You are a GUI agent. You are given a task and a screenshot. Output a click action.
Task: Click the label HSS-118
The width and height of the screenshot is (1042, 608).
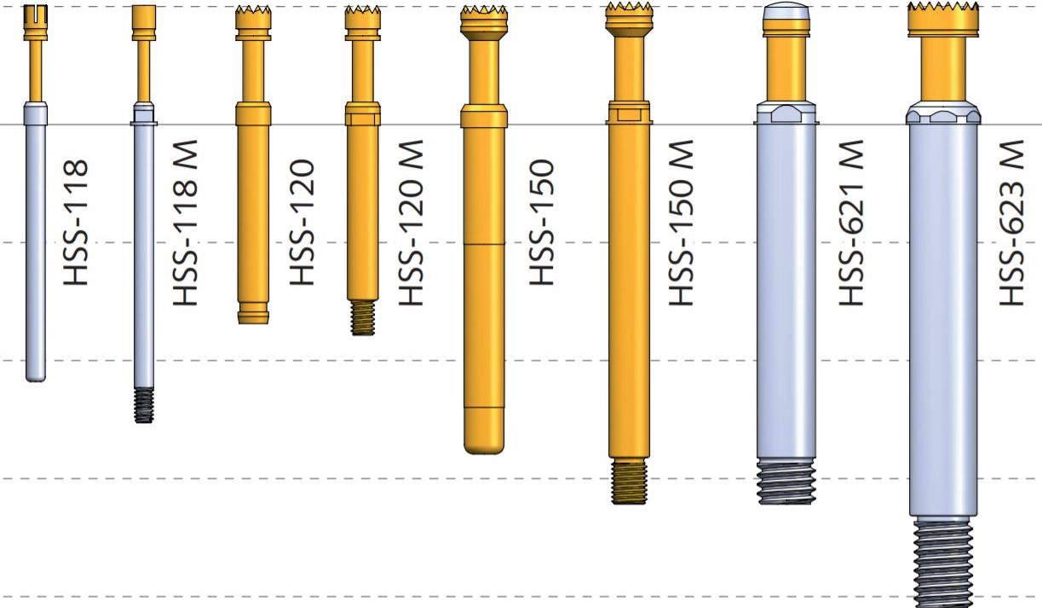pos(75,223)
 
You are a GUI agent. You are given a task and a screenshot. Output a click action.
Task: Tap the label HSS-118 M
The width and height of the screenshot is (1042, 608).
pos(185,223)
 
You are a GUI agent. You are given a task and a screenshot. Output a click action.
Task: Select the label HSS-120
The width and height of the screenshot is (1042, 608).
pos(302,223)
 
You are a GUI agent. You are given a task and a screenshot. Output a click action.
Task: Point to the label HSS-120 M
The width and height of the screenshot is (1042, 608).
pos(411,223)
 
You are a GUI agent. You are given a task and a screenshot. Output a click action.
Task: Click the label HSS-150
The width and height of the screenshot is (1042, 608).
pos(542,223)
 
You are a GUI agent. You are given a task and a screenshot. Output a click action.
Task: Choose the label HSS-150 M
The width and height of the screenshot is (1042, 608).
pos(681,223)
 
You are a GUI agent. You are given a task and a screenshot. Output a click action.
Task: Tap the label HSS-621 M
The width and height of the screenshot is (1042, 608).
pos(851,223)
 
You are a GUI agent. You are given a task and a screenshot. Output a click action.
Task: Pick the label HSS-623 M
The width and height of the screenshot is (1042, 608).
pos(1012,223)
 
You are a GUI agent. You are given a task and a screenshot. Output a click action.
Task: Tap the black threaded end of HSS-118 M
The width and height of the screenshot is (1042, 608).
pos(144,406)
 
